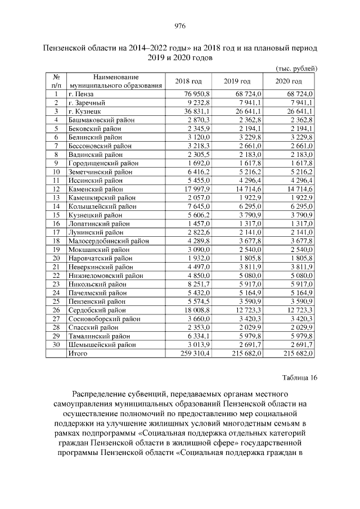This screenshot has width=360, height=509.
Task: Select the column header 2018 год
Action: click(x=188, y=82)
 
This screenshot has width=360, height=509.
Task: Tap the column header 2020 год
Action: click(x=289, y=82)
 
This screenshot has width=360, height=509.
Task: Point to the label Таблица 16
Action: click(x=299, y=377)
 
